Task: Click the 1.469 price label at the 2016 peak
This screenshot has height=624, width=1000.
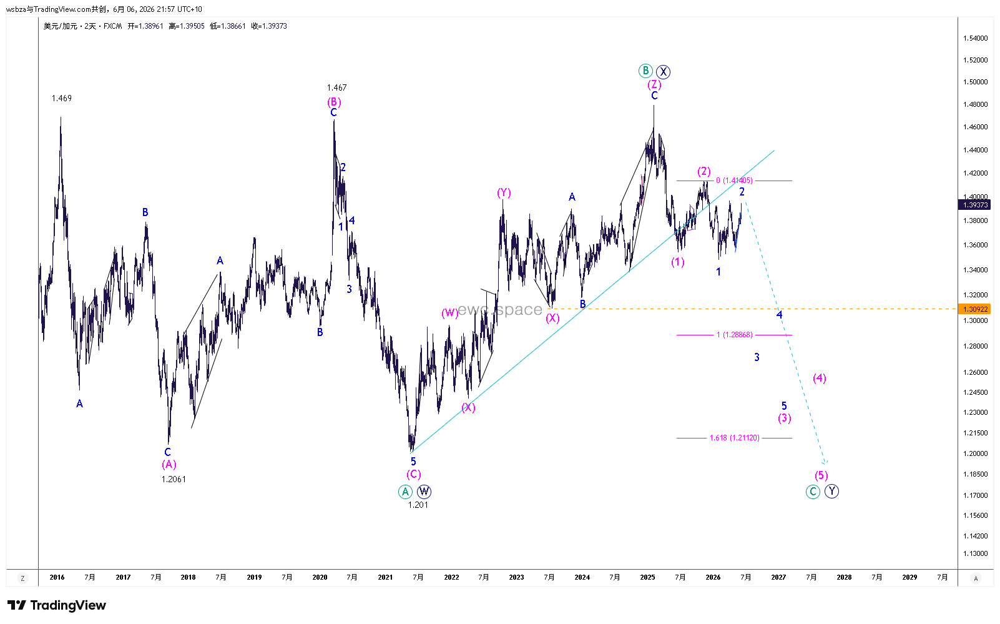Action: tap(62, 98)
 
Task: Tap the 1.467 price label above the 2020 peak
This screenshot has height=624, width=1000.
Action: tap(336, 87)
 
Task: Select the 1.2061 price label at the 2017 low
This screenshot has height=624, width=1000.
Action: tap(174, 479)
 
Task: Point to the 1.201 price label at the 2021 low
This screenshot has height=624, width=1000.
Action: tap(418, 505)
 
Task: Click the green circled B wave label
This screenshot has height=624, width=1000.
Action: tap(645, 71)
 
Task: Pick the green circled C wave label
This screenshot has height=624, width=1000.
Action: tap(813, 492)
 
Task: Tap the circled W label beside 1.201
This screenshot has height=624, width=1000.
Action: tap(424, 492)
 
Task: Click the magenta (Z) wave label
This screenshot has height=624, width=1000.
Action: tap(654, 84)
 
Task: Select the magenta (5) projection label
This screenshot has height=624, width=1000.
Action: tap(821, 475)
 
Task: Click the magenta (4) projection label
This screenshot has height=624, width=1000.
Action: tap(820, 379)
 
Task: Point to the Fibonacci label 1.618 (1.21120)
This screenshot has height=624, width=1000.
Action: tap(734, 438)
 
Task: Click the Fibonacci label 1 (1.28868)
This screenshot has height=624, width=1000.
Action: tap(735, 335)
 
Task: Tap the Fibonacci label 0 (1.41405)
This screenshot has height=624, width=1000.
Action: tap(734, 181)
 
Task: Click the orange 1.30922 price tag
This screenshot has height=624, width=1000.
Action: tap(975, 309)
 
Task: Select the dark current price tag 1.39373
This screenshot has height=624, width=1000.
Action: tap(975, 205)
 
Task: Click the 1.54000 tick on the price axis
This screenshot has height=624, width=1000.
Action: tap(975, 38)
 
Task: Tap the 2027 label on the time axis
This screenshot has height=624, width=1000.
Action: tap(778, 577)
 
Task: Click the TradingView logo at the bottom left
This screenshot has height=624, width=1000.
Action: tap(57, 605)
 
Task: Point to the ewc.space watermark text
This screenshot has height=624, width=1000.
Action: tap(500, 309)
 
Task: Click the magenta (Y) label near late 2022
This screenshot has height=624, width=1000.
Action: tap(504, 193)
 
